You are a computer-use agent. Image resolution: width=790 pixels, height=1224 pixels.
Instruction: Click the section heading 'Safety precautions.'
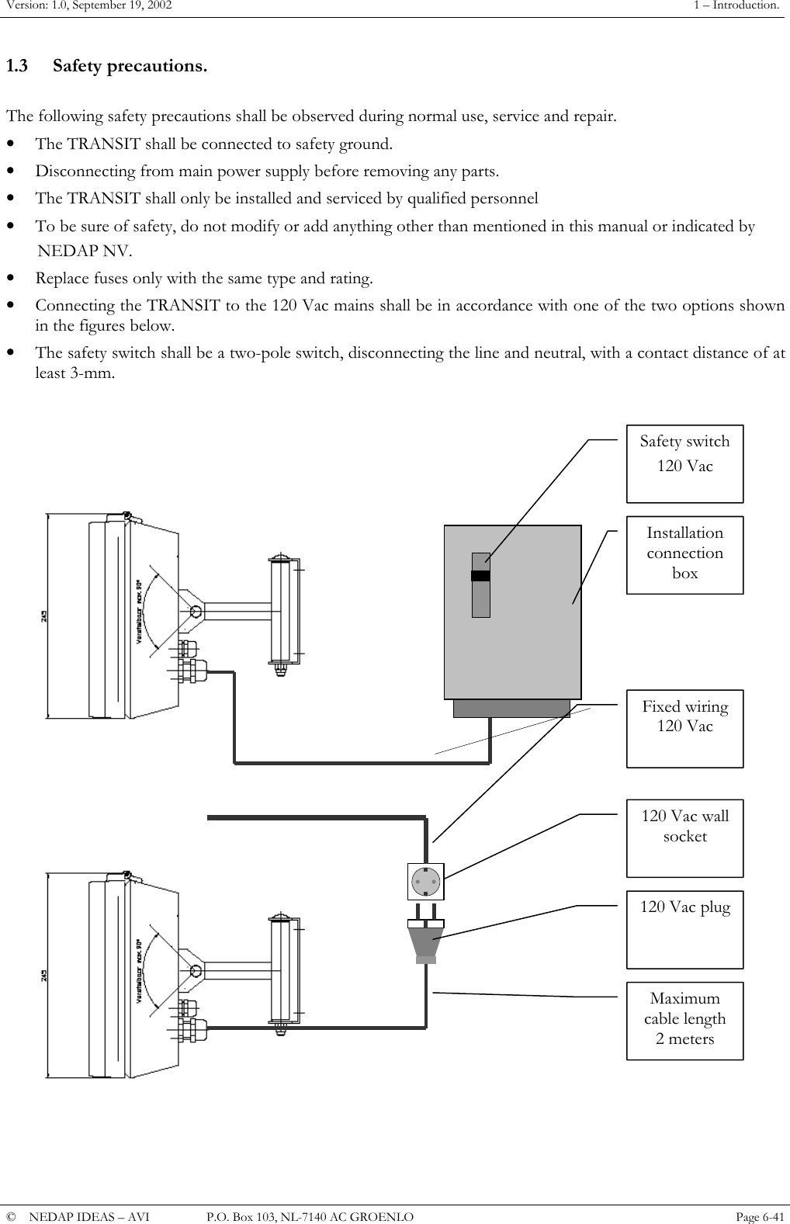point(130,66)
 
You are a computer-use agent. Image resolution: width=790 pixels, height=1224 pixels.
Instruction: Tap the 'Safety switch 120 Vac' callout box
point(684,463)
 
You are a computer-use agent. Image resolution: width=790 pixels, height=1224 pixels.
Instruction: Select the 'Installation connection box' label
point(684,554)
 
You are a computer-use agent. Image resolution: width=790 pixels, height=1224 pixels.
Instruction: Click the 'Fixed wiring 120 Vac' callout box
point(684,728)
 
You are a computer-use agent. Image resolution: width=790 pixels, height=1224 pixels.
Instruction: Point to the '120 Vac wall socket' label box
point(684,837)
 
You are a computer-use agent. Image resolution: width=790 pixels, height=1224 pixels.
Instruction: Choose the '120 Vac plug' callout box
point(684,928)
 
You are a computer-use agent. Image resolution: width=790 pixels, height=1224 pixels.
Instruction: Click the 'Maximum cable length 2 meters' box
point(684,1020)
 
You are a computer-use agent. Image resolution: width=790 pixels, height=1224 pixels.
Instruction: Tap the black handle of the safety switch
point(480,576)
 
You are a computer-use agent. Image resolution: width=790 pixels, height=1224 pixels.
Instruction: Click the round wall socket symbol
point(426,881)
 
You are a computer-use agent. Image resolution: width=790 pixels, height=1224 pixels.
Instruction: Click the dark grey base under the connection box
point(511,708)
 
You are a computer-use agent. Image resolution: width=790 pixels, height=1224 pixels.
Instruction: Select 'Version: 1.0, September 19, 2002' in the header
point(87,6)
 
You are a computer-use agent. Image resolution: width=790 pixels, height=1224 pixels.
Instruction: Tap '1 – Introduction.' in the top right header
point(736,6)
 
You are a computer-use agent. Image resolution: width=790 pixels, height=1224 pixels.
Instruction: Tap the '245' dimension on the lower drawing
point(44,976)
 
